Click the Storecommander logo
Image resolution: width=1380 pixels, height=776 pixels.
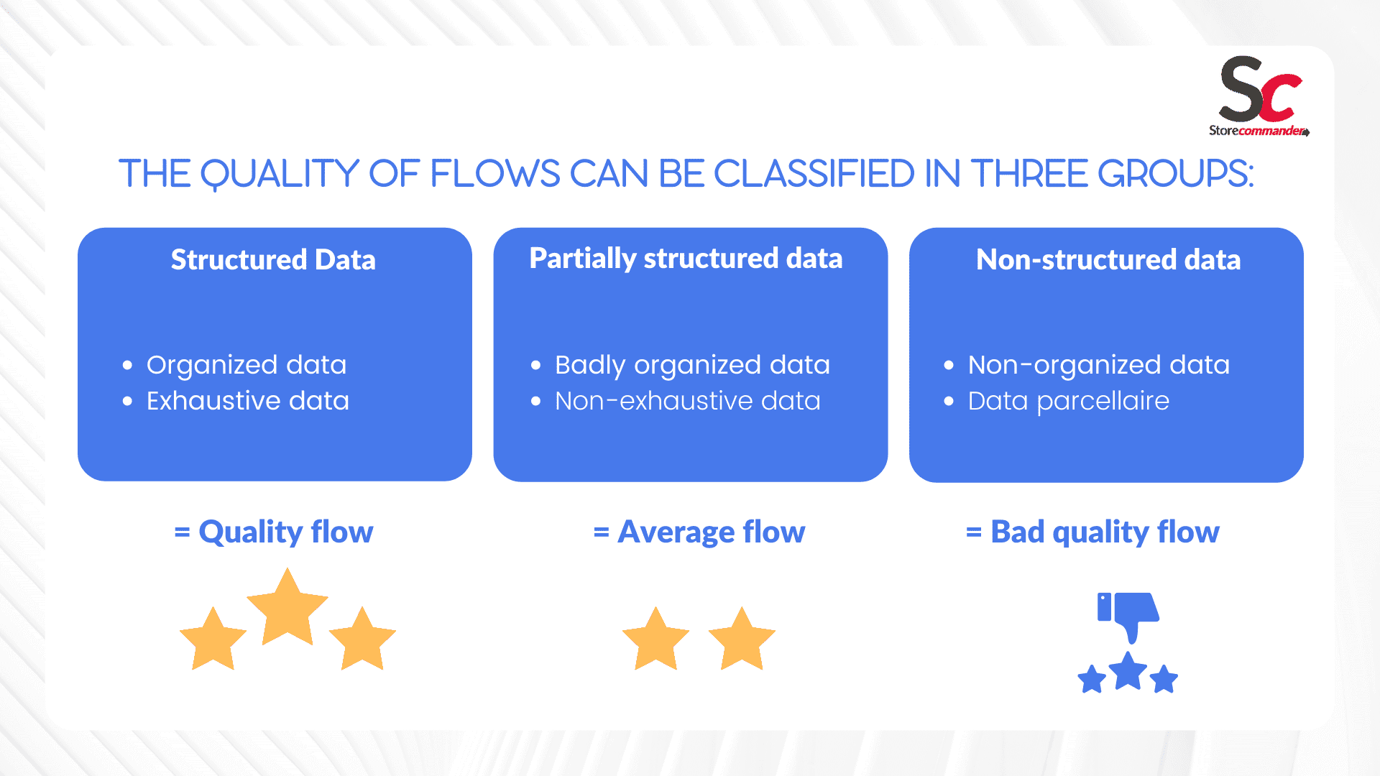click(x=1259, y=96)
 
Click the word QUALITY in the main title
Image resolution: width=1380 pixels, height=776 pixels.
click(x=279, y=175)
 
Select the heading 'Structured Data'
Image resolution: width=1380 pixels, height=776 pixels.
click(x=273, y=259)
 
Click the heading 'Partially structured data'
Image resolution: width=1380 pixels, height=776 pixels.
click(x=686, y=259)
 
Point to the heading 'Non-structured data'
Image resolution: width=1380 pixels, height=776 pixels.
click(x=1108, y=259)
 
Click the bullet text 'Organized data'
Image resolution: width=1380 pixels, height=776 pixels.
click(x=247, y=365)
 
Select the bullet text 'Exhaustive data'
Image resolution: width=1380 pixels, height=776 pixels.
click(x=248, y=401)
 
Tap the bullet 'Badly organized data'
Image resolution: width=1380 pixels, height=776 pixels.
click(x=692, y=365)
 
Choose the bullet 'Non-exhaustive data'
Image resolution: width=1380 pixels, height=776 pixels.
click(x=688, y=401)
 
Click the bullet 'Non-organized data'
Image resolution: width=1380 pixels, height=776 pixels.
click(x=1099, y=365)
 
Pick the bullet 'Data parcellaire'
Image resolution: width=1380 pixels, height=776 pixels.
click(x=1069, y=401)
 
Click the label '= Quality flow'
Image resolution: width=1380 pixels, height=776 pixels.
click(x=274, y=532)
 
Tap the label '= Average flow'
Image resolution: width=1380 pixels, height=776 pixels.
click(x=699, y=532)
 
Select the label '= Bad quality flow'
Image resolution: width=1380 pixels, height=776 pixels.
click(x=1092, y=532)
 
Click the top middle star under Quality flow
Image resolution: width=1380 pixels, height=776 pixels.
click(x=287, y=608)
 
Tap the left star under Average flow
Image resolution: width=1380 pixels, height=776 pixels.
click(x=655, y=639)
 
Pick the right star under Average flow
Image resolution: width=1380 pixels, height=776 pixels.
click(x=742, y=639)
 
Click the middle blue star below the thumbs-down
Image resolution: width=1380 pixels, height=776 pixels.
click(x=1128, y=672)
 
